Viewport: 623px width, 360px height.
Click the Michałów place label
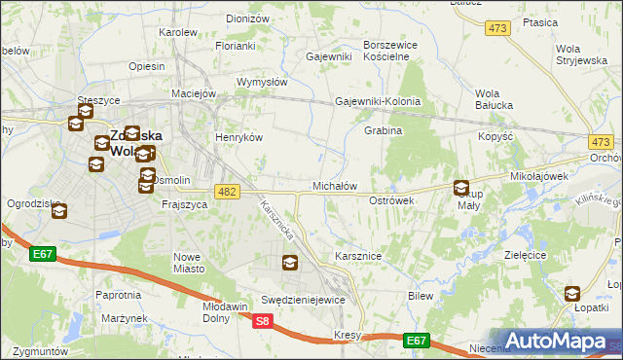click(335, 185)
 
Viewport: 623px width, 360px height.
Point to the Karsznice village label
click(357, 255)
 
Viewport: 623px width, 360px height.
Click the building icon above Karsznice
click(289, 262)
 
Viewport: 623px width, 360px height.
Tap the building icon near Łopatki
click(572, 293)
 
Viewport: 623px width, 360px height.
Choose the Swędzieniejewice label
click(303, 300)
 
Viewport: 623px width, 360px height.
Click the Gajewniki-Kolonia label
click(378, 101)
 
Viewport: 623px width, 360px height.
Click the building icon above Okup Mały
click(461, 188)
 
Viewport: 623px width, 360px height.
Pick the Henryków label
click(239, 138)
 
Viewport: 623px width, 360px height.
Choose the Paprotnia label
click(118, 294)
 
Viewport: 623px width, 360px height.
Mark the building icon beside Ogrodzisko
click(57, 210)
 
